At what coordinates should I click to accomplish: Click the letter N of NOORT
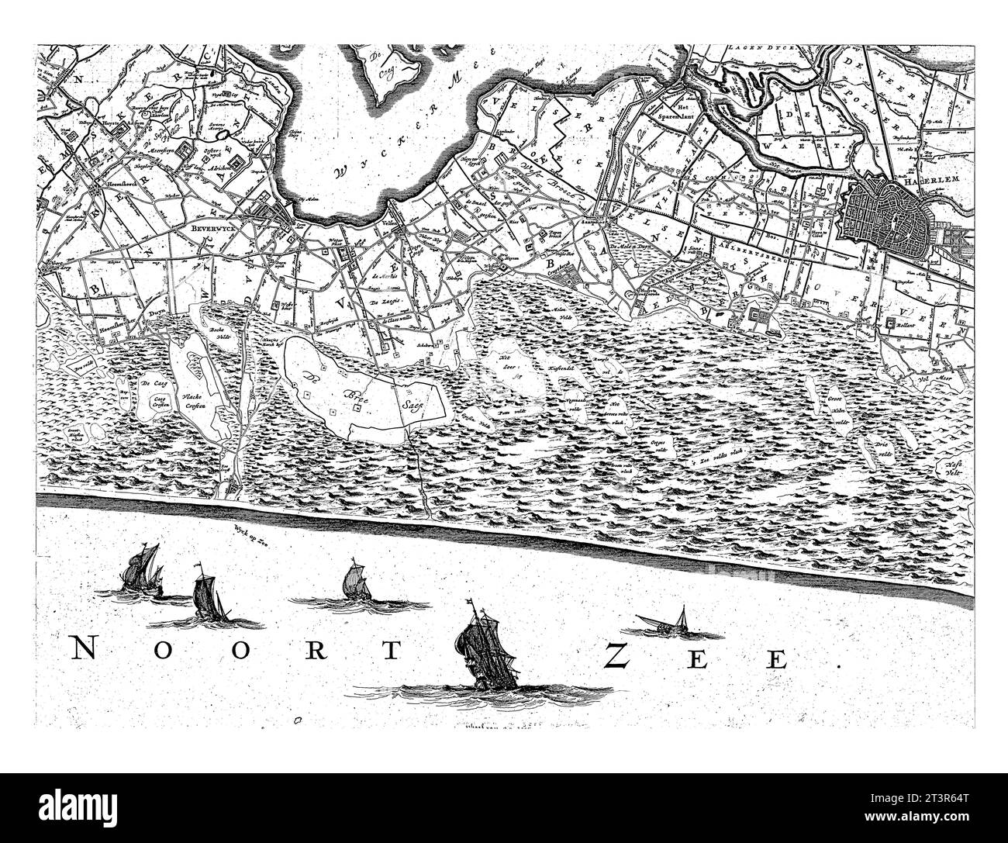pos(88,650)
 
